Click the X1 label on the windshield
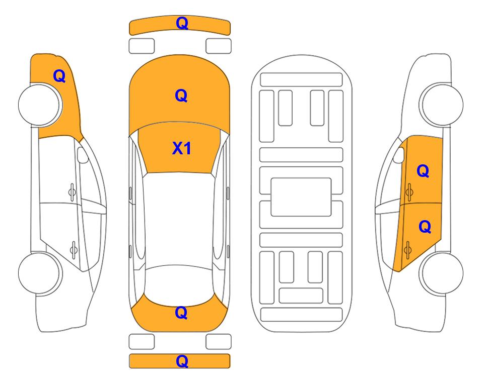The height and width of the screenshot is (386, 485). pos(182,148)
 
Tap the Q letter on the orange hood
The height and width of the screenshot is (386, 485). pos(181,95)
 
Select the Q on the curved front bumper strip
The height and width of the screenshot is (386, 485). pos(182,23)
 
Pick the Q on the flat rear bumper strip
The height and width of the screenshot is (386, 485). pos(182,361)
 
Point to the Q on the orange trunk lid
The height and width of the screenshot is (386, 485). pos(181,313)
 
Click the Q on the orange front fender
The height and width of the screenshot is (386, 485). pos(59,76)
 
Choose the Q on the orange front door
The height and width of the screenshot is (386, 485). pos(423,171)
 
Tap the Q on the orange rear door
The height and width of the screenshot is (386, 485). pos(425,227)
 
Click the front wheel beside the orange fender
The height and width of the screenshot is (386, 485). pos(40,105)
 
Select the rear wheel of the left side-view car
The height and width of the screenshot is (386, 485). pos(40,273)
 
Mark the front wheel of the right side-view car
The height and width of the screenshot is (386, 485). pos(441,105)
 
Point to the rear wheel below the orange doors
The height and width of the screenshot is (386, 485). pos(441,273)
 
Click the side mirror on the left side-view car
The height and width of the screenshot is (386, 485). pos(82,155)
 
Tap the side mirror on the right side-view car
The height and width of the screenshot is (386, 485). pos(399,155)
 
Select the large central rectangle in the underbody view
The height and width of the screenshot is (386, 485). pos(301,197)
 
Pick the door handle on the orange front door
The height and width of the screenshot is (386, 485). pos(409,192)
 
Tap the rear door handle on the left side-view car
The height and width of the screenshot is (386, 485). pos(74,249)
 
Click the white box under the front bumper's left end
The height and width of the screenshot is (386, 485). pos(142,46)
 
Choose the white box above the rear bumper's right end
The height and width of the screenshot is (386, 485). pos(219,342)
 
